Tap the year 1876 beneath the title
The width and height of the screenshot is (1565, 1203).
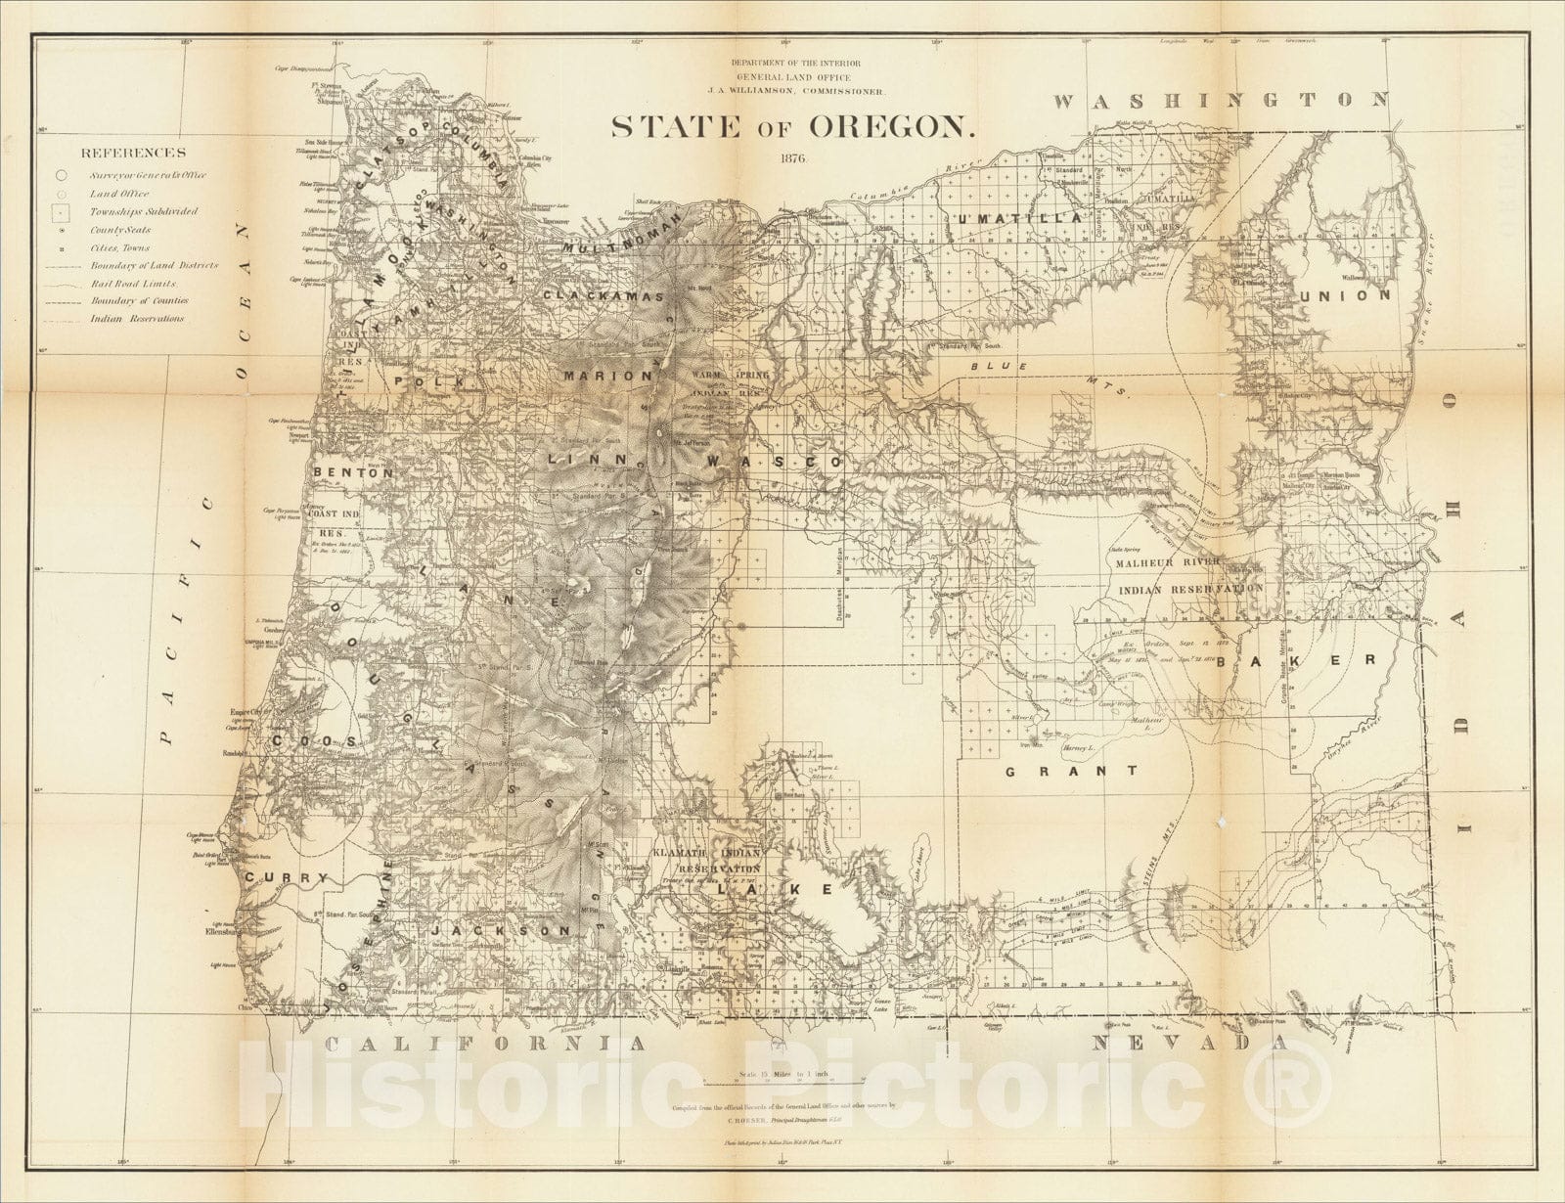(x=793, y=158)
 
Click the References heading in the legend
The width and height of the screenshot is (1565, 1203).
(x=133, y=153)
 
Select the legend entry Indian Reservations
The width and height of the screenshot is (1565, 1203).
(x=136, y=319)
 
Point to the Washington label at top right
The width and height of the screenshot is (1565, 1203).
(x=1221, y=100)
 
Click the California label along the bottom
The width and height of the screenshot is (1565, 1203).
(x=485, y=1045)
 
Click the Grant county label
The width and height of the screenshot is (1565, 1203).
(x=1071, y=772)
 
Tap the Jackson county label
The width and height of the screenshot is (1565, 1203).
(x=500, y=931)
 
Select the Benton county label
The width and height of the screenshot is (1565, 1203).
(x=353, y=472)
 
